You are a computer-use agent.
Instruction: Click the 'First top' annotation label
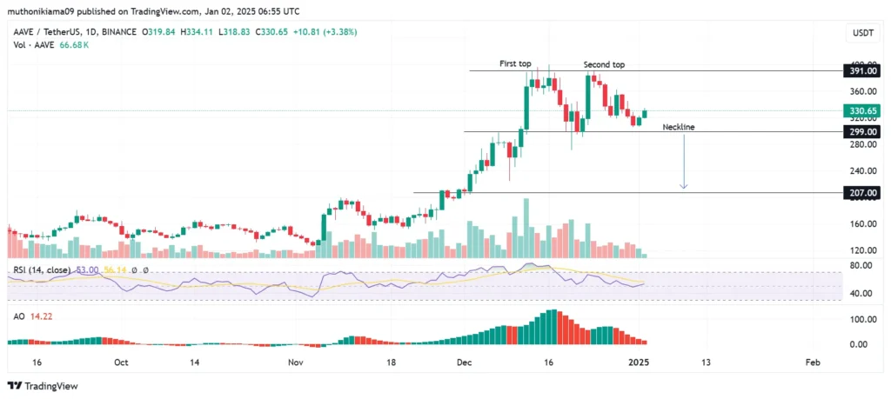pyautogui.click(x=515, y=64)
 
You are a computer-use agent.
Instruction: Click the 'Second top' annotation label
pyautogui.click(x=603, y=65)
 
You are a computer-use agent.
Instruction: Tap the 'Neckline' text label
pyautogui.click(x=679, y=127)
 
